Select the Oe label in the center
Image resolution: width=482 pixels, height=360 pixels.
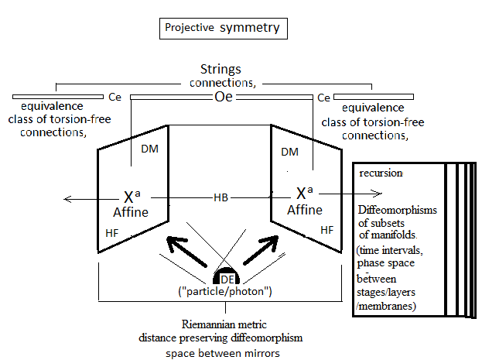coord(223,98)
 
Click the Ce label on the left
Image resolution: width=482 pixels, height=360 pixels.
coord(115,98)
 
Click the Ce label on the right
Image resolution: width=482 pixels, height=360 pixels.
coord(325,98)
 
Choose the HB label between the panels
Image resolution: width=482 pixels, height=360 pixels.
coord(221,199)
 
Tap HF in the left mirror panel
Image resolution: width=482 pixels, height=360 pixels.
coord(113,232)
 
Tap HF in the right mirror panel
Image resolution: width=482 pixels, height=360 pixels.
coord(327,230)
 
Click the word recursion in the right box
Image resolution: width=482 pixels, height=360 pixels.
coord(381,173)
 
